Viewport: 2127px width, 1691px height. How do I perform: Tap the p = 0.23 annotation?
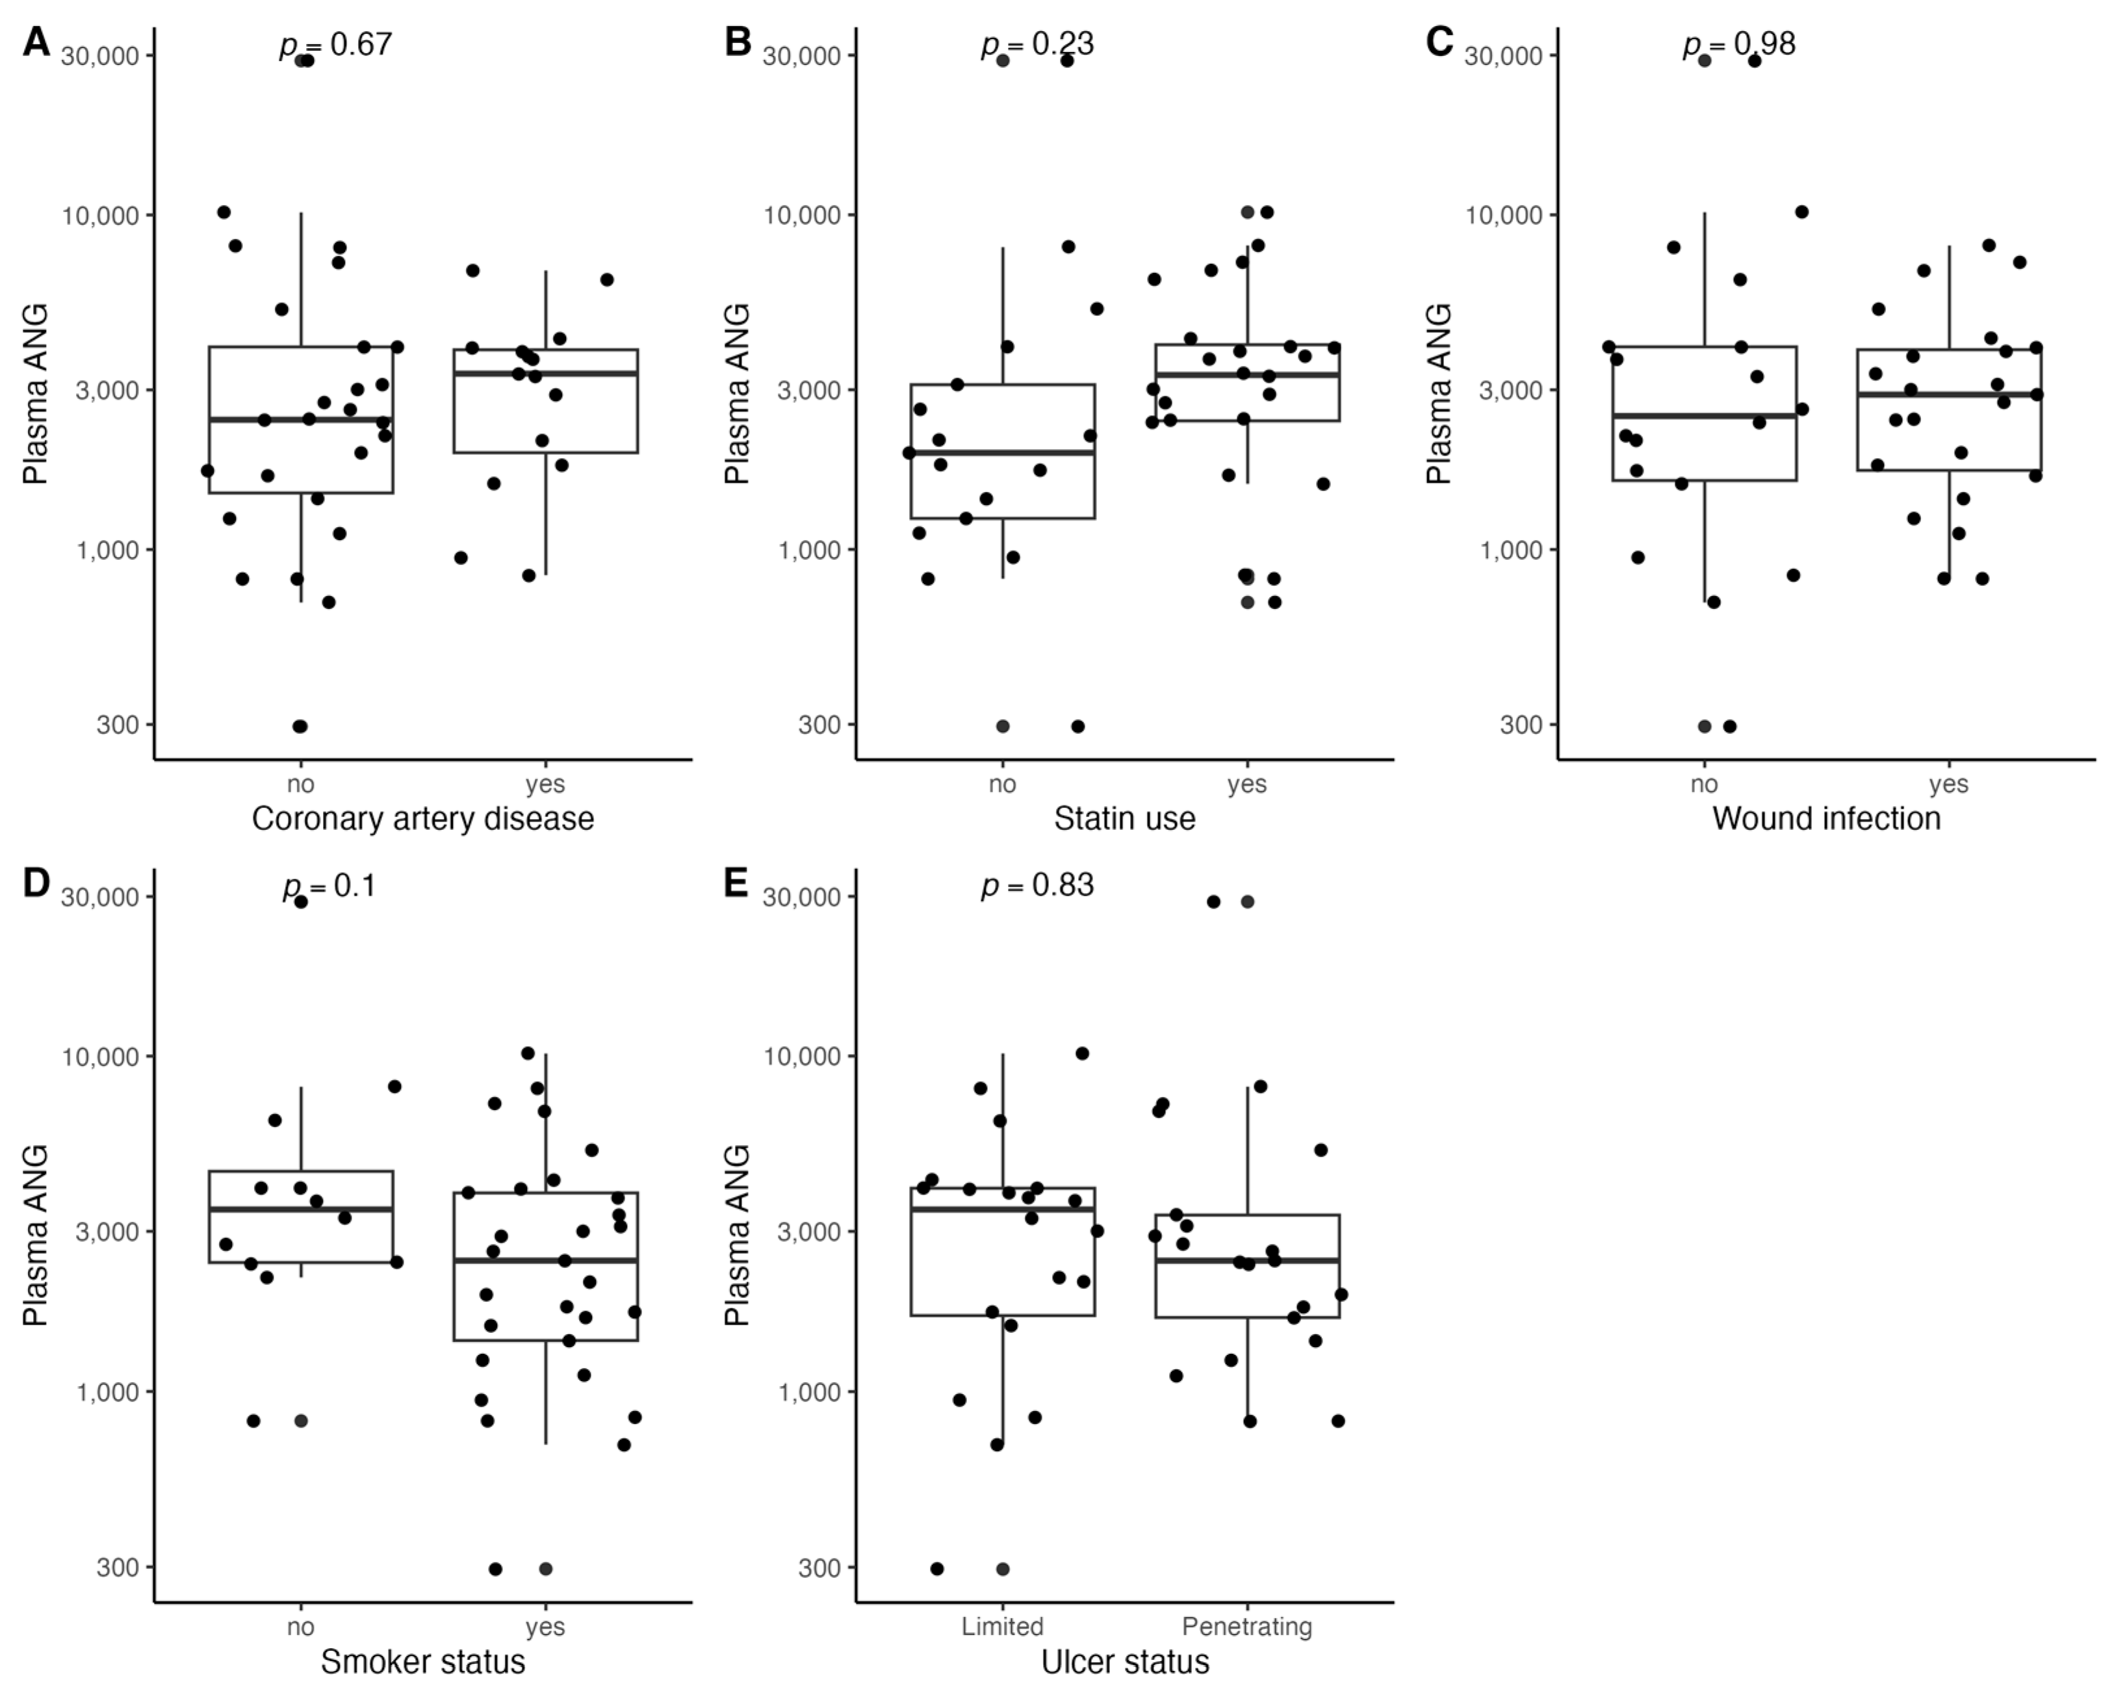[x=1037, y=44]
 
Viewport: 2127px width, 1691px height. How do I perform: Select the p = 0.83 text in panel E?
[x=1037, y=885]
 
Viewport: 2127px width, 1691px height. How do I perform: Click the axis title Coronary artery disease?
[x=422, y=818]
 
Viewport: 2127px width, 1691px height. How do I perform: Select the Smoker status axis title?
[x=422, y=1661]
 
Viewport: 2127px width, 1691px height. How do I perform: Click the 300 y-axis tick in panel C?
[x=1520, y=725]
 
